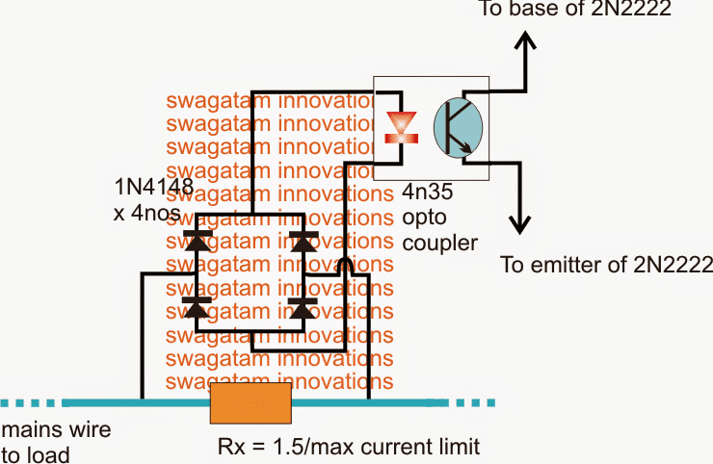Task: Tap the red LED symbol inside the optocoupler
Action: [397, 126]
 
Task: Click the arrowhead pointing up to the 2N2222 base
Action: [525, 42]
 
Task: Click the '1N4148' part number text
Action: [154, 188]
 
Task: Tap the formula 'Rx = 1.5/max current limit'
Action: [349, 447]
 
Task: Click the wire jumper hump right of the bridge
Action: [347, 265]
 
